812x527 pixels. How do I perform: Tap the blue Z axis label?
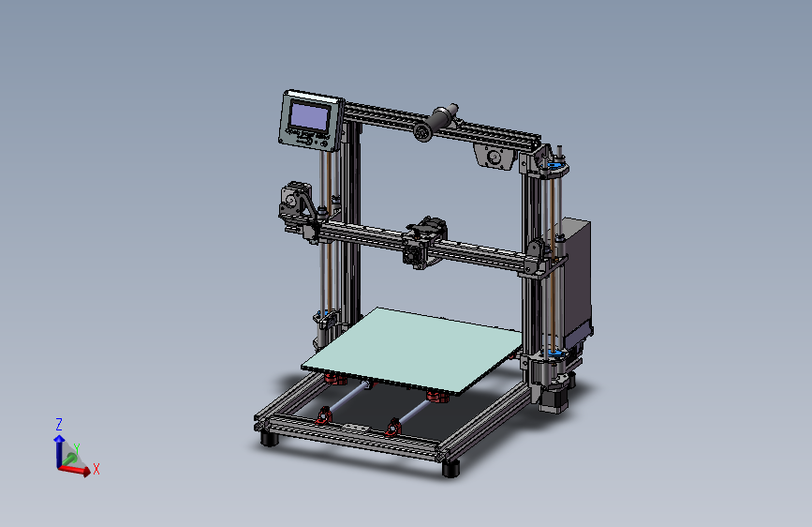tap(58, 424)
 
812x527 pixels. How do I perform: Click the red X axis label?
tap(96, 469)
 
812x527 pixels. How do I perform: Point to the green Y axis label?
tap(77, 449)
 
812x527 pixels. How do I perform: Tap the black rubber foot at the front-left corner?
tap(268, 437)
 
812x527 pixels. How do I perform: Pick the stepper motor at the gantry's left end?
tap(294, 203)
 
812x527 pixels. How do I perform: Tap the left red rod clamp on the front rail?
tap(325, 415)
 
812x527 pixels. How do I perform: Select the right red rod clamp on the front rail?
tap(392, 428)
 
